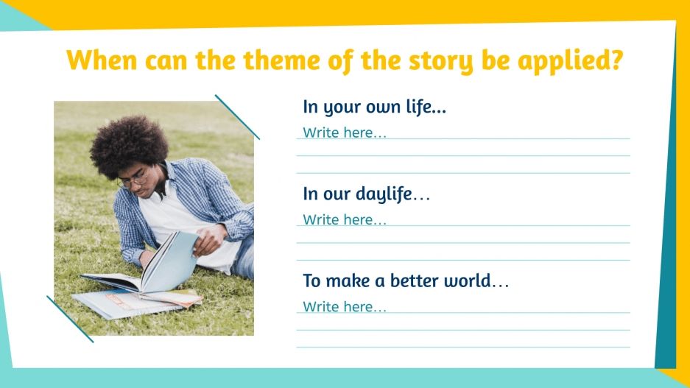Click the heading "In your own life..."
374,107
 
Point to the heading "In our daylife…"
366,194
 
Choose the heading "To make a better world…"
405,281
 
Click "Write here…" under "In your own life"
344,133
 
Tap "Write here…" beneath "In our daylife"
344,220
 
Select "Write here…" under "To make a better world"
344,307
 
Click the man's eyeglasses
133,180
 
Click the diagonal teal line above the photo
237,116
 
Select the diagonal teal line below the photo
70,319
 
